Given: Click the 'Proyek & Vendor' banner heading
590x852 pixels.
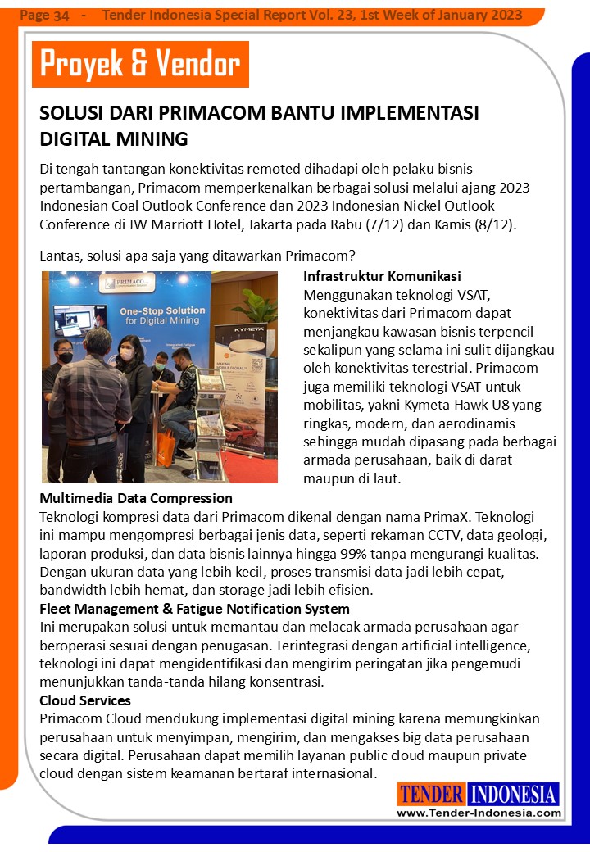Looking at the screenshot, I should point(140,64).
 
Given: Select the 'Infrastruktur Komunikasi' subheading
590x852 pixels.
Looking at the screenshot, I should point(382,276).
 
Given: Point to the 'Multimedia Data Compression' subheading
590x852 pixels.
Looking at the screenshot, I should point(136,498).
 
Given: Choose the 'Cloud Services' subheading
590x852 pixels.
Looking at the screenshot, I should point(85,700).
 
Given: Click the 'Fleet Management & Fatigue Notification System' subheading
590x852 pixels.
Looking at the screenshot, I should point(194,609).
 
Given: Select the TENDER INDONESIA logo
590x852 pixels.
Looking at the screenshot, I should point(479,794).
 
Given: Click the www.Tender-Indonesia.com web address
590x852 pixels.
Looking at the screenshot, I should point(479,813).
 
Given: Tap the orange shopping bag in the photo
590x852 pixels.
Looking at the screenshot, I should point(166,446).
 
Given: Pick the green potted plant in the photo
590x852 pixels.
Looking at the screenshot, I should point(256,305).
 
